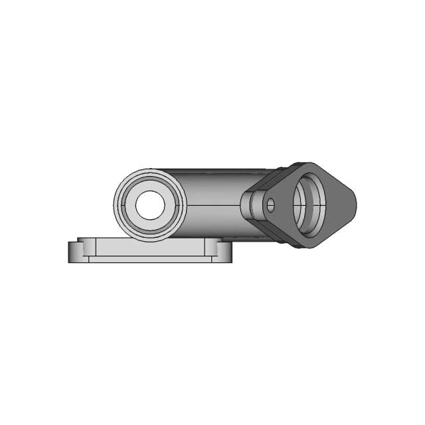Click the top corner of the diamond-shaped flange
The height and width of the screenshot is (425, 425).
click(307, 163)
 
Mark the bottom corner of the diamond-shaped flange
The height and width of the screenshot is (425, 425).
click(300, 246)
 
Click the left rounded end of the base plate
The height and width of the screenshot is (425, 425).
click(71, 252)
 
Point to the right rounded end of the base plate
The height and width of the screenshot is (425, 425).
click(228, 252)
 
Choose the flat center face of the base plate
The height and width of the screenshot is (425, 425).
click(149, 251)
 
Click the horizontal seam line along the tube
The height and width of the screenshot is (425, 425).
click(212, 205)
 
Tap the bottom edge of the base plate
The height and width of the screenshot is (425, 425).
click(149, 262)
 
